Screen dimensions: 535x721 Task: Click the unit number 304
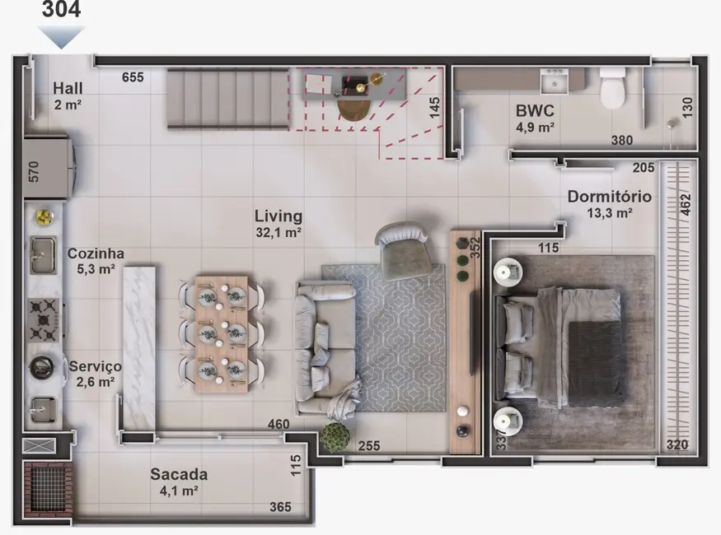[x=61, y=10]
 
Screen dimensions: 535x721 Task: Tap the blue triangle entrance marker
[x=61, y=36]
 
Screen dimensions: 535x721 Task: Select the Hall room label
[x=68, y=88]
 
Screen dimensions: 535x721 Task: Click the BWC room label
[x=535, y=110]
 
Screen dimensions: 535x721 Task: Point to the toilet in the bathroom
[x=613, y=89]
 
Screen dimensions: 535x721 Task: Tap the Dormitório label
[x=609, y=198]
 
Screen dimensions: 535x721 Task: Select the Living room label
[x=278, y=216]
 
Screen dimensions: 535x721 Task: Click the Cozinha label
[x=96, y=254]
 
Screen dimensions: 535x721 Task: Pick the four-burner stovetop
[x=44, y=319]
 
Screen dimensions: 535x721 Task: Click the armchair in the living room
[x=404, y=249]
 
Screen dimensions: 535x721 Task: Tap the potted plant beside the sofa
[x=335, y=436]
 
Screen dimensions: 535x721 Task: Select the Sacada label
[x=179, y=475]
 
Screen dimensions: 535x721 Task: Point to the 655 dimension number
[x=133, y=77]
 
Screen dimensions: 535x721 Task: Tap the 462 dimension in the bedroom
[x=685, y=204]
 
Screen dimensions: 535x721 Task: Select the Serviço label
[x=95, y=366]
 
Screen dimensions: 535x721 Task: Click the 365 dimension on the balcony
[x=280, y=507]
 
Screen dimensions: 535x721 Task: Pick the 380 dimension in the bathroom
[x=622, y=140]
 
